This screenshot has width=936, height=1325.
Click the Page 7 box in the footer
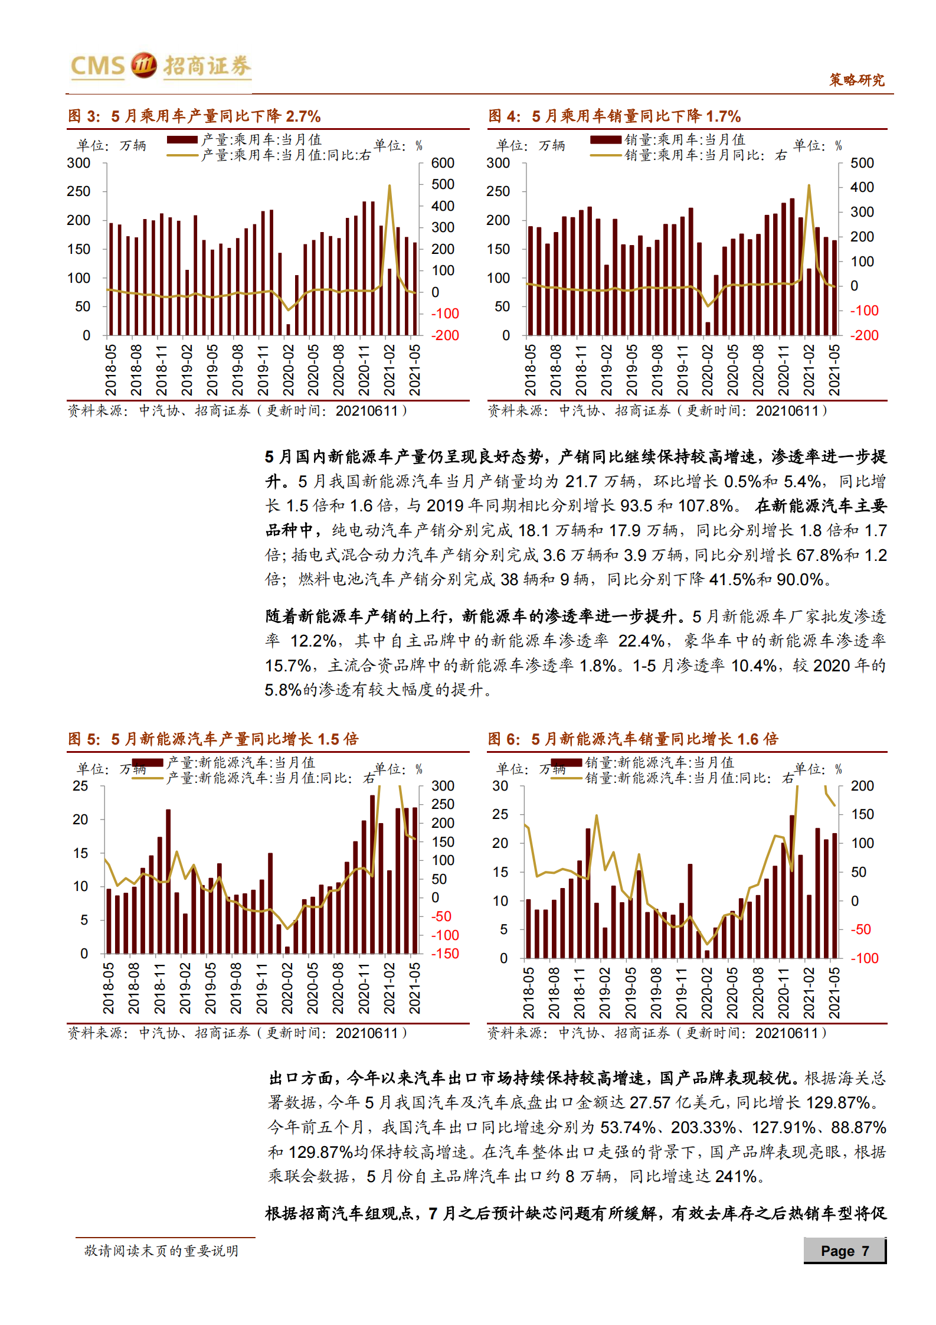[x=845, y=1251]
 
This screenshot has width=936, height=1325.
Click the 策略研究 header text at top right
[x=856, y=80]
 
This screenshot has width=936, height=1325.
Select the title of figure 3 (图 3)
[x=194, y=116]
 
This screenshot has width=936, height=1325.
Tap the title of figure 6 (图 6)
[x=633, y=739]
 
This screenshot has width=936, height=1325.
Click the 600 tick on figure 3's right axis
[x=443, y=163]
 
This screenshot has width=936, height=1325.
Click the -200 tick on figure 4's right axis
[x=863, y=335]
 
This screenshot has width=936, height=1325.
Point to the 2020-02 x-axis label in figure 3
[x=288, y=370]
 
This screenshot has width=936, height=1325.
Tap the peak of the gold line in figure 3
[x=390, y=186]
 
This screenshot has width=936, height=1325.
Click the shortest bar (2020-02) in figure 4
[x=708, y=329]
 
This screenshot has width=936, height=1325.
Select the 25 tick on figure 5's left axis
[x=80, y=786]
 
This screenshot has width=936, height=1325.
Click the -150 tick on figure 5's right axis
[x=444, y=954]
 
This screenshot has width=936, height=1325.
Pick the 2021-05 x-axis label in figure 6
[x=834, y=993]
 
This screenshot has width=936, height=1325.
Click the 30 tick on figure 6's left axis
[x=500, y=786]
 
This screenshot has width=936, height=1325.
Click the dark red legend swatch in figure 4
[x=605, y=140]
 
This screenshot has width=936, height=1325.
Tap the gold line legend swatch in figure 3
[x=182, y=155]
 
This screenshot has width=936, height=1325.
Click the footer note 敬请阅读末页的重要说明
[x=161, y=1251]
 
